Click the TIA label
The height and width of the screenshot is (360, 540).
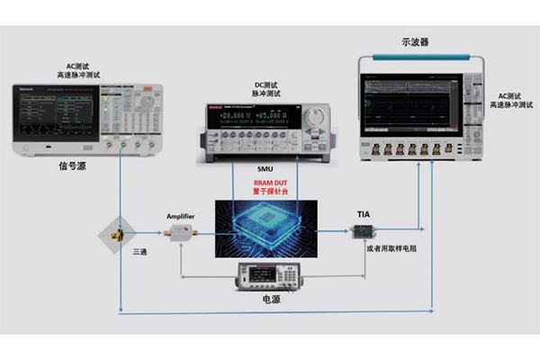tap(364, 214)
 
